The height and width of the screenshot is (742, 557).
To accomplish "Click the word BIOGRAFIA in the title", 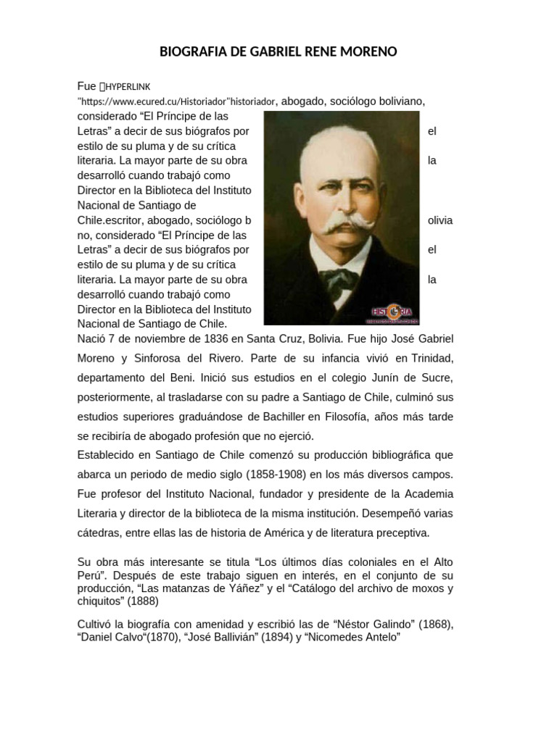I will tap(191, 52).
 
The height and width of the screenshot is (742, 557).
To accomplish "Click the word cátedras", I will tap(99, 533).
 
